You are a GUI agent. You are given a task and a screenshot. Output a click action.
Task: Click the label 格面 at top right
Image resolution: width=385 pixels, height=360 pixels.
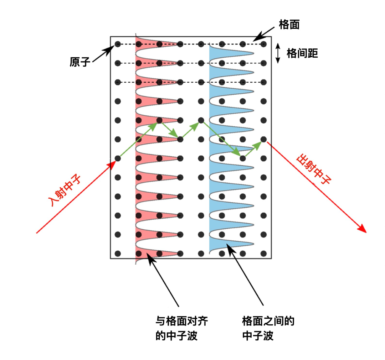point(289,25)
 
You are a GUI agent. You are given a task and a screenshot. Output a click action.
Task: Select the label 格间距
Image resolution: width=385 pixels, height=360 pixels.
point(302,53)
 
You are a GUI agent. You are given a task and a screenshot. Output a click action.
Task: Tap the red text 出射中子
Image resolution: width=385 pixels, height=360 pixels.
point(314,170)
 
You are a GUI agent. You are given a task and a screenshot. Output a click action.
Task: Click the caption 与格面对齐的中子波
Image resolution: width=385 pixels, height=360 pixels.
point(181,328)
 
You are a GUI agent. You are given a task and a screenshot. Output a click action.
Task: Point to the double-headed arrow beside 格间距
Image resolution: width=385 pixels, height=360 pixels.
point(278,53)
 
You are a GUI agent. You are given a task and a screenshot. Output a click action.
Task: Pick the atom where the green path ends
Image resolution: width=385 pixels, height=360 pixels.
point(263,139)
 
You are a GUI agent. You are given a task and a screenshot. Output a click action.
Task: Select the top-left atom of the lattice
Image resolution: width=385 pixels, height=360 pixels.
point(118,44)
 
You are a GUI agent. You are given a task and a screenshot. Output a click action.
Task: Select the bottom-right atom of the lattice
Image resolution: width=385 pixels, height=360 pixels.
point(263,253)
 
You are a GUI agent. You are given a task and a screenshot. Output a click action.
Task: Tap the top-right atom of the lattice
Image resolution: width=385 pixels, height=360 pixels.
point(263,44)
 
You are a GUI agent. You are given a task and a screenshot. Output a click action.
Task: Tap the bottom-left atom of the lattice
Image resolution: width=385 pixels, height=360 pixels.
point(118,253)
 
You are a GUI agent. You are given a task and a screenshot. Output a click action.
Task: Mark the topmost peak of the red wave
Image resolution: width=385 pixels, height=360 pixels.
point(177,44)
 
